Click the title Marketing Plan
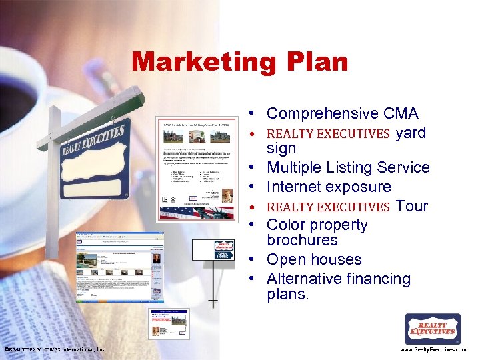[x=239, y=62]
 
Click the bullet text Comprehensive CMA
[x=342, y=114]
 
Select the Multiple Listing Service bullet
[x=348, y=167]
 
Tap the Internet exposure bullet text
[x=329, y=187]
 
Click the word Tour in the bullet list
[x=411, y=206]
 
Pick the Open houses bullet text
[x=314, y=259]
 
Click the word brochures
[x=302, y=240]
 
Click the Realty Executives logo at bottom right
[x=433, y=329]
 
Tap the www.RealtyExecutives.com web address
[x=433, y=349]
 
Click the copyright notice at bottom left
[x=55, y=349]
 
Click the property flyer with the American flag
[x=197, y=169]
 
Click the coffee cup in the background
[x=27, y=93]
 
